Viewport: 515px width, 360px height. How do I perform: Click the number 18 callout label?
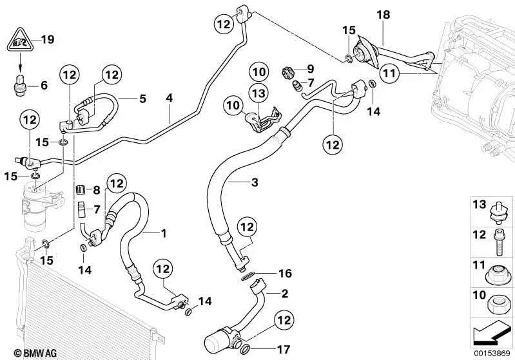[383, 15]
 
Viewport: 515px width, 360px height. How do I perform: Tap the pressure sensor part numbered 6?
[20, 86]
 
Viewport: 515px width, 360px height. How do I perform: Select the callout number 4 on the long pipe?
[170, 99]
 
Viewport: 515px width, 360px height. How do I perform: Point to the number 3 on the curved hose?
[254, 184]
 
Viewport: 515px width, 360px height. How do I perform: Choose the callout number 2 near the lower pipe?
[284, 293]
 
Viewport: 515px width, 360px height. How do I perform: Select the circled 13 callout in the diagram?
[258, 95]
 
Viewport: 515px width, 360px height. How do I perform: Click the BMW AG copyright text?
[28, 352]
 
